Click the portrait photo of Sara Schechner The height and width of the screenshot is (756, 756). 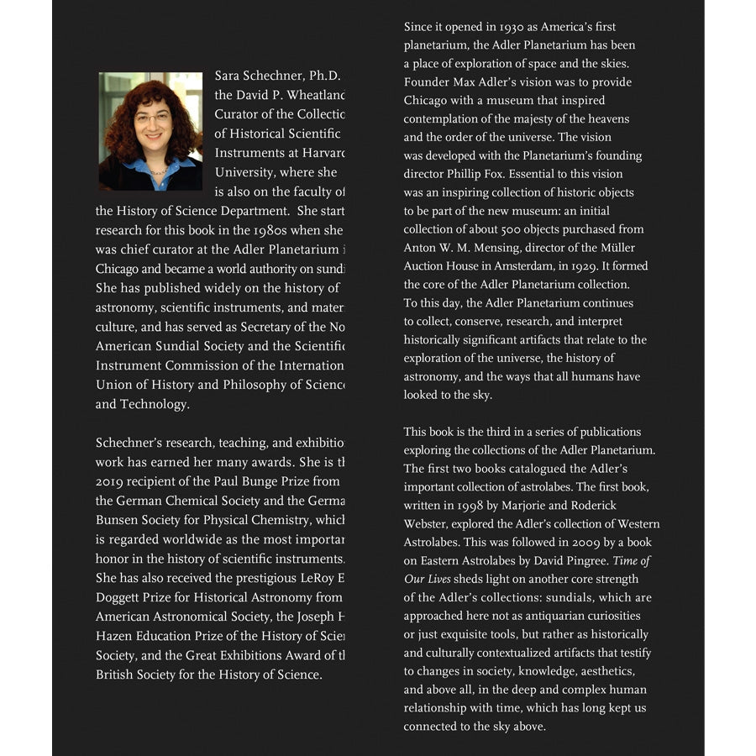[x=150, y=131]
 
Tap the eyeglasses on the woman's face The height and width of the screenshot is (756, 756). [x=152, y=118]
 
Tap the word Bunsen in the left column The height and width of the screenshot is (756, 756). [x=116, y=520]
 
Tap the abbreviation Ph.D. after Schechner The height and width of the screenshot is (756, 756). [x=323, y=76]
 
